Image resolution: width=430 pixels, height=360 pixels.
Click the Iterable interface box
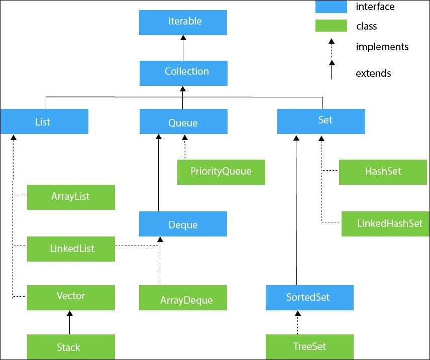(x=183, y=23)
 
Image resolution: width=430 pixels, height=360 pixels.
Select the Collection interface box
(x=183, y=73)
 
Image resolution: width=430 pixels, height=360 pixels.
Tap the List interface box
(x=44, y=122)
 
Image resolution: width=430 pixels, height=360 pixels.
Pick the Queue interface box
(x=183, y=122)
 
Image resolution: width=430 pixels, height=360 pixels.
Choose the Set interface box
(x=321, y=122)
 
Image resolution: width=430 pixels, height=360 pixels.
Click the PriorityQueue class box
(x=221, y=172)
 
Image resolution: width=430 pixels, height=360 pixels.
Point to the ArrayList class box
(x=70, y=197)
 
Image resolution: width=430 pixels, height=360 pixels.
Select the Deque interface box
(x=183, y=224)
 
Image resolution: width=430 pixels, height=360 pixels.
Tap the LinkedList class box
(x=70, y=249)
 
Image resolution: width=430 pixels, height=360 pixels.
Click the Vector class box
(x=70, y=297)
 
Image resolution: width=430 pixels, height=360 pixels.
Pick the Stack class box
(x=70, y=347)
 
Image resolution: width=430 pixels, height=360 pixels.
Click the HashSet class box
(x=383, y=172)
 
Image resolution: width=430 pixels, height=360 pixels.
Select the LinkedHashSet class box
(x=385, y=224)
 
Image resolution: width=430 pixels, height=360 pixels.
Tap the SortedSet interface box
(x=309, y=298)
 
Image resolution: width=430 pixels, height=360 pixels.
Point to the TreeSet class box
(x=309, y=347)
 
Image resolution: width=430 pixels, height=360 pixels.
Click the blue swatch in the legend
(x=331, y=7)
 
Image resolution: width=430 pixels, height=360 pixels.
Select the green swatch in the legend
(x=331, y=26)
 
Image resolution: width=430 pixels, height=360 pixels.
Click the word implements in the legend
(x=382, y=47)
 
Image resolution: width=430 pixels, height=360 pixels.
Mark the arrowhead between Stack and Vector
(x=70, y=313)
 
